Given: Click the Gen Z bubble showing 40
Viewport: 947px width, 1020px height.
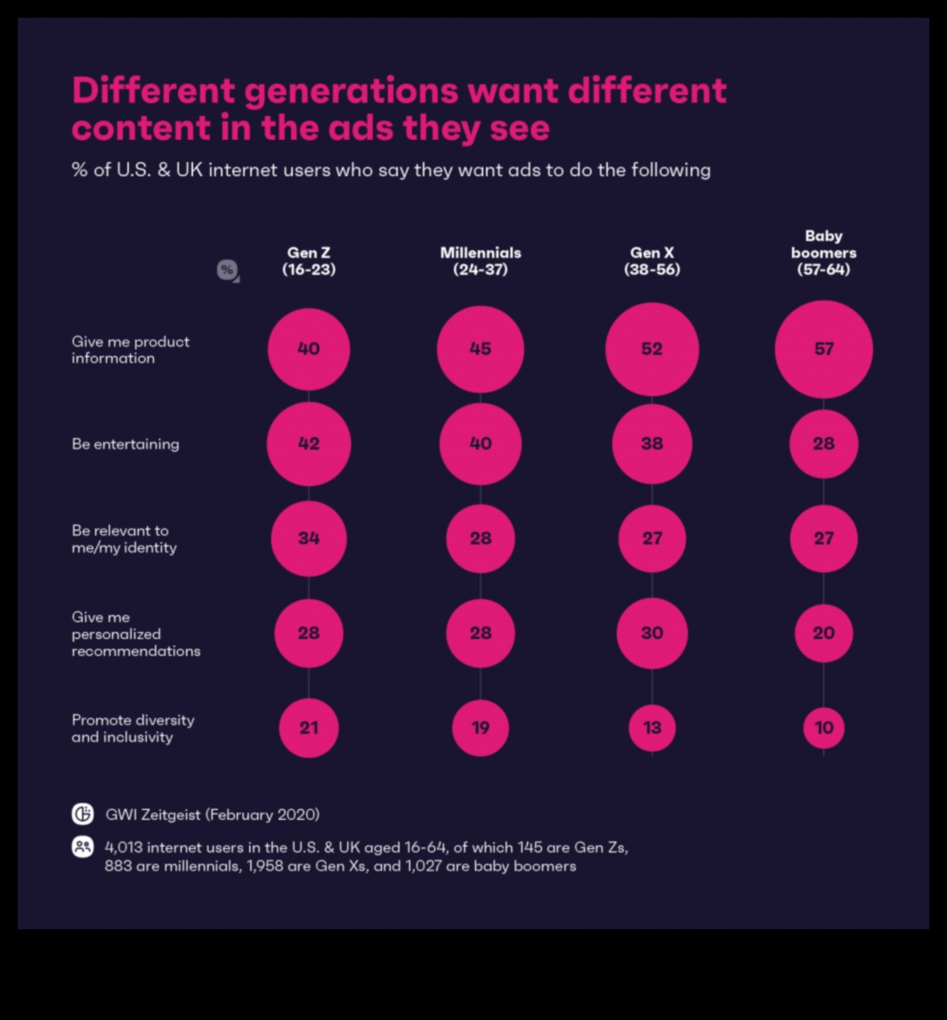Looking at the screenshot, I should tap(309, 349).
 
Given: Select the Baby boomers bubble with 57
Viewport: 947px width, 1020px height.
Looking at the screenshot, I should tap(823, 349).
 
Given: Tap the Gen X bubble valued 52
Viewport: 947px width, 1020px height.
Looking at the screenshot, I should tap(652, 349).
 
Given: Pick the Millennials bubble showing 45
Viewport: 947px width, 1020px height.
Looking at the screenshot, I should tap(480, 349).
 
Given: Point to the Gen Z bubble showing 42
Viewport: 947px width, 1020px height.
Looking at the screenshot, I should tap(309, 443).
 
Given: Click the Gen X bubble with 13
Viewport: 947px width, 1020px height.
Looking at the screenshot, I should tap(652, 727).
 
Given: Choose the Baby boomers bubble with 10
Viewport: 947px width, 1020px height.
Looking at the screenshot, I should tap(823, 727).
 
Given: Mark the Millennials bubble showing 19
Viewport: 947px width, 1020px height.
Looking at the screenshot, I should tap(480, 727).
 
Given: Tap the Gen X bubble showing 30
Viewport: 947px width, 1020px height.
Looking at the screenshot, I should tap(652, 633).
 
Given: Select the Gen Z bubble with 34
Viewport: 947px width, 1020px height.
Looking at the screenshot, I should tap(309, 538).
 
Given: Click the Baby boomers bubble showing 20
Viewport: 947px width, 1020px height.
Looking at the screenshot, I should tap(823, 633).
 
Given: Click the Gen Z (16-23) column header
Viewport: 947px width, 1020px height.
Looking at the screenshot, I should tap(309, 261).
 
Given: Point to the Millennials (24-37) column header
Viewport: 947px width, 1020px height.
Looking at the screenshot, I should tap(480, 261).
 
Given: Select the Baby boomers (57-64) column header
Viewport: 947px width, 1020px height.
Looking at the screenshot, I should tap(823, 253).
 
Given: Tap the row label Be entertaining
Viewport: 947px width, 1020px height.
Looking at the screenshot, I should tap(125, 443).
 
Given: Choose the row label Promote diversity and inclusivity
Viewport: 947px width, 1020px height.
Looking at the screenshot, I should tap(133, 728).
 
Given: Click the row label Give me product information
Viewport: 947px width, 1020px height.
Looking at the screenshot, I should tap(130, 350).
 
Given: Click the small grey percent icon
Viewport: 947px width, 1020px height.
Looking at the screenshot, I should tap(227, 270).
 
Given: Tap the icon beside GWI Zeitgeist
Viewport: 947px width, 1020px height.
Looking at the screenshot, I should tap(83, 814).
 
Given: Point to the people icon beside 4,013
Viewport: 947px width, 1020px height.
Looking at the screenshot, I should tap(83, 847).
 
